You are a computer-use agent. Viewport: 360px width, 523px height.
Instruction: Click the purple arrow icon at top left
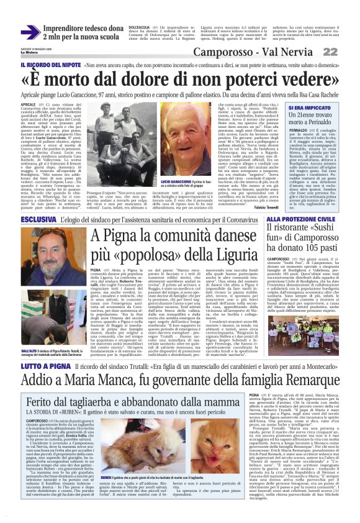(x=28, y=31)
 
